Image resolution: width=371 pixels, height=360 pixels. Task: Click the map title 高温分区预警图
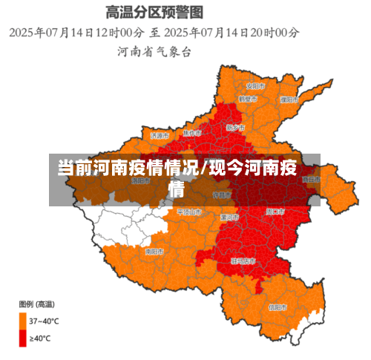pyautogui.click(x=154, y=12)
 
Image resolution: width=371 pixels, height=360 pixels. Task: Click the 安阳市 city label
pyautogui.click(x=256, y=85)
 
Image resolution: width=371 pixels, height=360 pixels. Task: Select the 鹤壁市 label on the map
pyautogui.click(x=248, y=99)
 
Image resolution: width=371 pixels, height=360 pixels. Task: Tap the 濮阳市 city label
pyautogui.click(x=289, y=99)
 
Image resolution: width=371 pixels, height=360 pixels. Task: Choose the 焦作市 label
pyautogui.click(x=192, y=134)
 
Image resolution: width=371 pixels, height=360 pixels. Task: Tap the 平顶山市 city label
pyautogui.click(x=189, y=212)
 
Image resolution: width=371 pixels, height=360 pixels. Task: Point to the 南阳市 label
pyautogui.click(x=154, y=252)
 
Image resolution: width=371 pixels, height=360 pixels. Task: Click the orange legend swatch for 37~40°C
pyautogui.click(x=23, y=321)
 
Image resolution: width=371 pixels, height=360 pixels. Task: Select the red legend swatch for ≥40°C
pyautogui.click(x=23, y=338)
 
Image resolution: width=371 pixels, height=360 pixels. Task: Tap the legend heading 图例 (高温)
pyautogui.click(x=36, y=304)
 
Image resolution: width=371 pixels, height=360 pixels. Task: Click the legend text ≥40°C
pyautogui.click(x=40, y=338)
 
